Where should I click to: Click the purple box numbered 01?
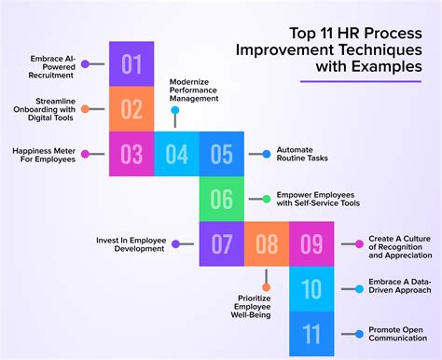point(131,64)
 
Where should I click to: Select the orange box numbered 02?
point(131,109)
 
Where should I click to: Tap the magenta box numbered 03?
point(131,154)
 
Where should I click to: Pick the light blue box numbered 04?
point(176,154)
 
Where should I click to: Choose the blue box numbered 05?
point(221,154)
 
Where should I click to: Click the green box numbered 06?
point(221,199)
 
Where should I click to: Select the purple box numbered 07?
point(221,244)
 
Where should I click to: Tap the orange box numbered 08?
point(266,244)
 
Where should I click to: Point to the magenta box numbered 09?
point(311,244)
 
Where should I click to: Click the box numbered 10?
point(311,289)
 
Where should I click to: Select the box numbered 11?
point(311,333)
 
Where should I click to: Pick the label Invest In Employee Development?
point(131,244)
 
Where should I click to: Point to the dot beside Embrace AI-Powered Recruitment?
point(85,64)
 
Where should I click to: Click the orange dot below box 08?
point(266,287)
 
